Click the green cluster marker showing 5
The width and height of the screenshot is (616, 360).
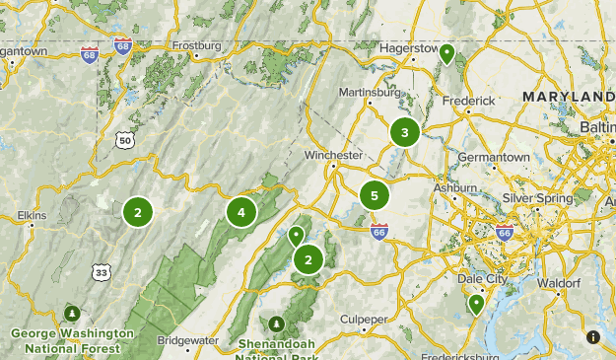[x=375, y=196]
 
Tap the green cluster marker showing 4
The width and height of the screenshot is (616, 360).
[x=241, y=211]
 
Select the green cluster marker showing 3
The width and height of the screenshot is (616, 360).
[x=404, y=131]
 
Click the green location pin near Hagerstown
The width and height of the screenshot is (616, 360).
[x=446, y=53]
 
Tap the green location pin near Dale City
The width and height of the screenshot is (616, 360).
[x=476, y=304]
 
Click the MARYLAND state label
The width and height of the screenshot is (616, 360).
[x=568, y=96]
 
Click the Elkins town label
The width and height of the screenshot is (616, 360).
[x=33, y=214]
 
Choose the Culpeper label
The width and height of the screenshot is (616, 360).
[x=364, y=320]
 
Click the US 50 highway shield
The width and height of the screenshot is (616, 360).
[x=124, y=142]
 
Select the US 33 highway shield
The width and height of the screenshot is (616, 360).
[x=100, y=270]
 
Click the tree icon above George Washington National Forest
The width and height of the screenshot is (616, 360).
[x=71, y=314]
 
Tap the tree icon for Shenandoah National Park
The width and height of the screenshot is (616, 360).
[x=277, y=324]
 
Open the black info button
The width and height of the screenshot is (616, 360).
[x=593, y=337]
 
